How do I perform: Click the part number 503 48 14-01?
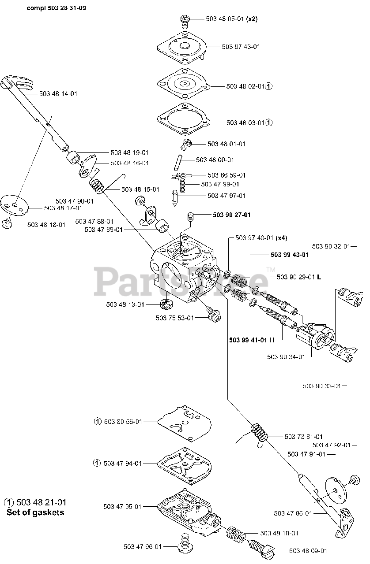[58, 94]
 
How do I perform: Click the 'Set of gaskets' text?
[35, 512]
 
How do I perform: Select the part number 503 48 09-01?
[308, 550]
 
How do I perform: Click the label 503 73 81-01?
[303, 436]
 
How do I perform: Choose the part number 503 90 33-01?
[322, 386]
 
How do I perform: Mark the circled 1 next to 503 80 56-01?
[98, 422]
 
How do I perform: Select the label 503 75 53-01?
[175, 318]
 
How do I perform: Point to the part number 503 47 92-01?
[331, 445]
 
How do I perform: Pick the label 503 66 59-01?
[227, 175]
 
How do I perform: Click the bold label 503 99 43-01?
[290, 255]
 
